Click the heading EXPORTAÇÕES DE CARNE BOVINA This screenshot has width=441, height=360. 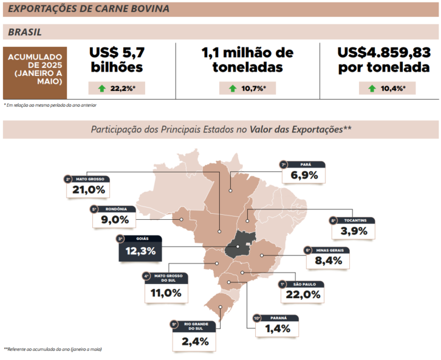89,9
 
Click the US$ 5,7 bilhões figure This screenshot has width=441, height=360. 117,59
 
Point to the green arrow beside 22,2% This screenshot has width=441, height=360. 101,89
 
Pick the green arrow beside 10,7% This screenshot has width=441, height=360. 232,89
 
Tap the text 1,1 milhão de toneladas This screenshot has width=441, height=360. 247,59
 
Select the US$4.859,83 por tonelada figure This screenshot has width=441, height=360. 384,59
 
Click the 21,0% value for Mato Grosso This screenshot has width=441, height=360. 89,190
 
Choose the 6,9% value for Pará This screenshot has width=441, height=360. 304,175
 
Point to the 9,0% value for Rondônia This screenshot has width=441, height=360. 115,220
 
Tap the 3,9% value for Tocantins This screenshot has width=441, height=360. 354,231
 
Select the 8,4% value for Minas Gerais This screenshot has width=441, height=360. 329,261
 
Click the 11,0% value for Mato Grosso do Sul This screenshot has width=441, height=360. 165,292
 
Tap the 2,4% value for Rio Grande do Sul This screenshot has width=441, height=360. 194,341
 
